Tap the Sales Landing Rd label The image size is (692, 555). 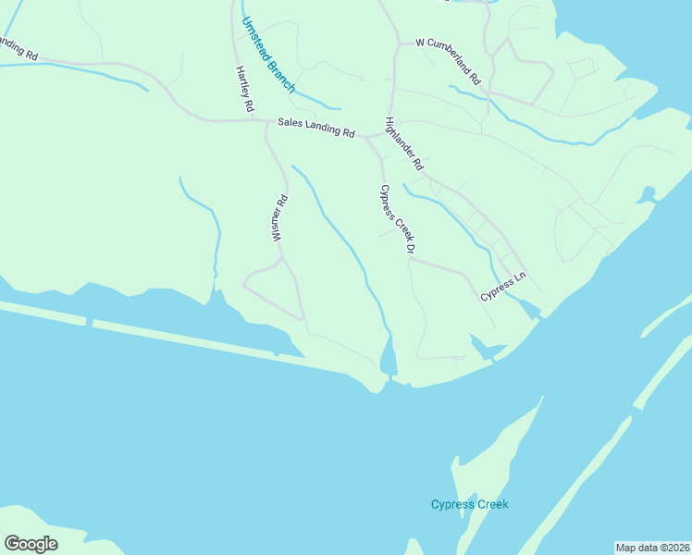point(316,128)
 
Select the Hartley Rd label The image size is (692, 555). point(244,90)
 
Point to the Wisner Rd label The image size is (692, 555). point(278,218)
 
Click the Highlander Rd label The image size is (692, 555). point(403,143)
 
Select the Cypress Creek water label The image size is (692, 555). point(470,504)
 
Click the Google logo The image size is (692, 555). point(31,543)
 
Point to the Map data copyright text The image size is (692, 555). point(652,547)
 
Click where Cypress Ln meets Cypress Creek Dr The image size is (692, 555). point(410,259)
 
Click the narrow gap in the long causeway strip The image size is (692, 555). point(89,322)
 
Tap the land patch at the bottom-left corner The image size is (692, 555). point(46,527)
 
